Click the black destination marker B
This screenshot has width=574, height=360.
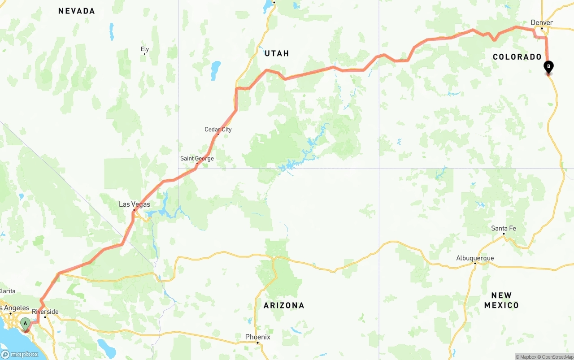tap(548, 67)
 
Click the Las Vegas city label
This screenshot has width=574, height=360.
tap(135, 204)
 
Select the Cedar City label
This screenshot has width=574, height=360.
tap(218, 130)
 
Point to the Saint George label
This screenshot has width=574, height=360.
tap(197, 158)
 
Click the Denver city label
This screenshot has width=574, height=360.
tap(542, 22)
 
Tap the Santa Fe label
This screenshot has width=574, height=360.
tap(503, 228)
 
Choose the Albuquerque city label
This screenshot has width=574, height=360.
tap(475, 258)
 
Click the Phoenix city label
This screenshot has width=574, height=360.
tap(257, 337)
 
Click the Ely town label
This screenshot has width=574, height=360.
tap(144, 49)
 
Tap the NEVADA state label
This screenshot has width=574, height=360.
tap(77, 11)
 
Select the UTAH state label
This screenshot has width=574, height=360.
tap(277, 53)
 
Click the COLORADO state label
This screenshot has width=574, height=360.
tap(517, 57)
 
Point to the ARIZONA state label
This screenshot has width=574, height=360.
tap(284, 305)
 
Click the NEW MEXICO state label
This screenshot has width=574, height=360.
tap(501, 300)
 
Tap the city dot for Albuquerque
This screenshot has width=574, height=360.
tap(475, 263)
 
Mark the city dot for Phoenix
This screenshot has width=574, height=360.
tap(257, 343)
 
